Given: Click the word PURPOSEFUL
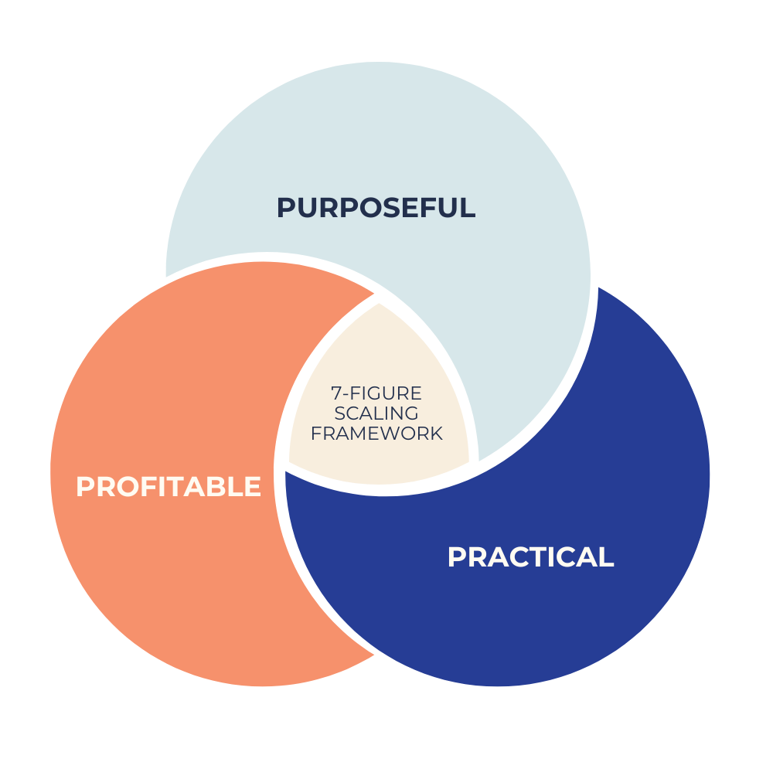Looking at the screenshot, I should click(376, 208).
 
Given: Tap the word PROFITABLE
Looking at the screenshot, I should click(169, 487).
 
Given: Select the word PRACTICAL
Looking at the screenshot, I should click(530, 557).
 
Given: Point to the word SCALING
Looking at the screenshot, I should click(377, 413).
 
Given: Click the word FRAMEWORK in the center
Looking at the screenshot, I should click(377, 434).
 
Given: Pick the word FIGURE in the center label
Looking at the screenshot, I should click(386, 393).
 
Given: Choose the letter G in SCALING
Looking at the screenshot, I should click(411, 413).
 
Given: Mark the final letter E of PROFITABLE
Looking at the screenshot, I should click(252, 487).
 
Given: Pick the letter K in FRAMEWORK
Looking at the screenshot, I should click(437, 434).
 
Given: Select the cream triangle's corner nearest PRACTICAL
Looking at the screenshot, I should click(469, 464).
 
